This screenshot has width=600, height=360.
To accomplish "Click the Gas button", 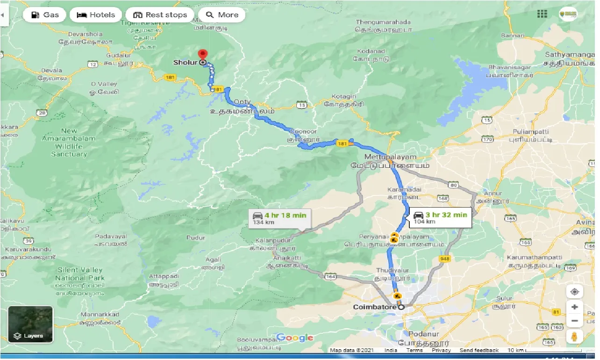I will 45,15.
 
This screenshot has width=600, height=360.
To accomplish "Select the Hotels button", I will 95,15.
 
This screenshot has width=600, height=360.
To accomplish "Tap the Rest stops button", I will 160,15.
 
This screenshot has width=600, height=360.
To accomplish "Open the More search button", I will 222,15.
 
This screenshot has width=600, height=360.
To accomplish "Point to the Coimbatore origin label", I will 374,307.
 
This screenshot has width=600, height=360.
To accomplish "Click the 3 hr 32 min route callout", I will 440,217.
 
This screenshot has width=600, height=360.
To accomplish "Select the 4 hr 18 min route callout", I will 279,218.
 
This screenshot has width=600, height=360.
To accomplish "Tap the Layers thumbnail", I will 30,324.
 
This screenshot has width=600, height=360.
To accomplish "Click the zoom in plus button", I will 574,307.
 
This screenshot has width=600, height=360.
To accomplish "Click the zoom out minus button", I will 574,321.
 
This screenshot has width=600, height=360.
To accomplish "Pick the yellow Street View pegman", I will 574,337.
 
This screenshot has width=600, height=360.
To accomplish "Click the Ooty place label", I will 242,102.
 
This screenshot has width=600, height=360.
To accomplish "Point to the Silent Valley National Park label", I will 80,274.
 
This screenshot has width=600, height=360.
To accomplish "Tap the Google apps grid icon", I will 542,14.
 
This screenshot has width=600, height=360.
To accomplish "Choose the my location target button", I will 574,292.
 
